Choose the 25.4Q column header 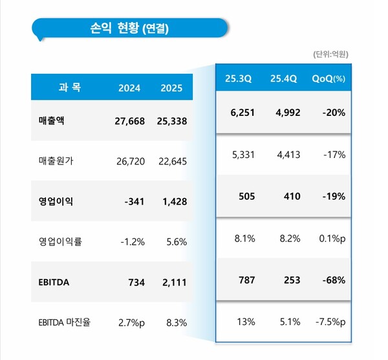(x=284, y=79)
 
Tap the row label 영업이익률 (x=60, y=242)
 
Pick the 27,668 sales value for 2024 (x=129, y=121)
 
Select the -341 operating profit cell (x=135, y=201)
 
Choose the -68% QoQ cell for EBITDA (x=332, y=280)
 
